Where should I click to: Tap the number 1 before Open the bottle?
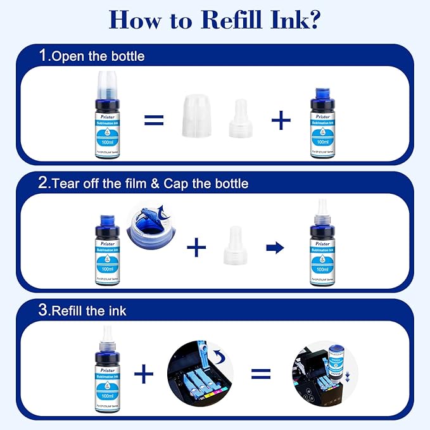43,55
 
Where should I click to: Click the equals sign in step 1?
153,119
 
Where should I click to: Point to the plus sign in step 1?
281,120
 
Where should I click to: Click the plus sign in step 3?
144,374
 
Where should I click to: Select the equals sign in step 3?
260,374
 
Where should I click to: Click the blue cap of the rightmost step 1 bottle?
322,99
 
